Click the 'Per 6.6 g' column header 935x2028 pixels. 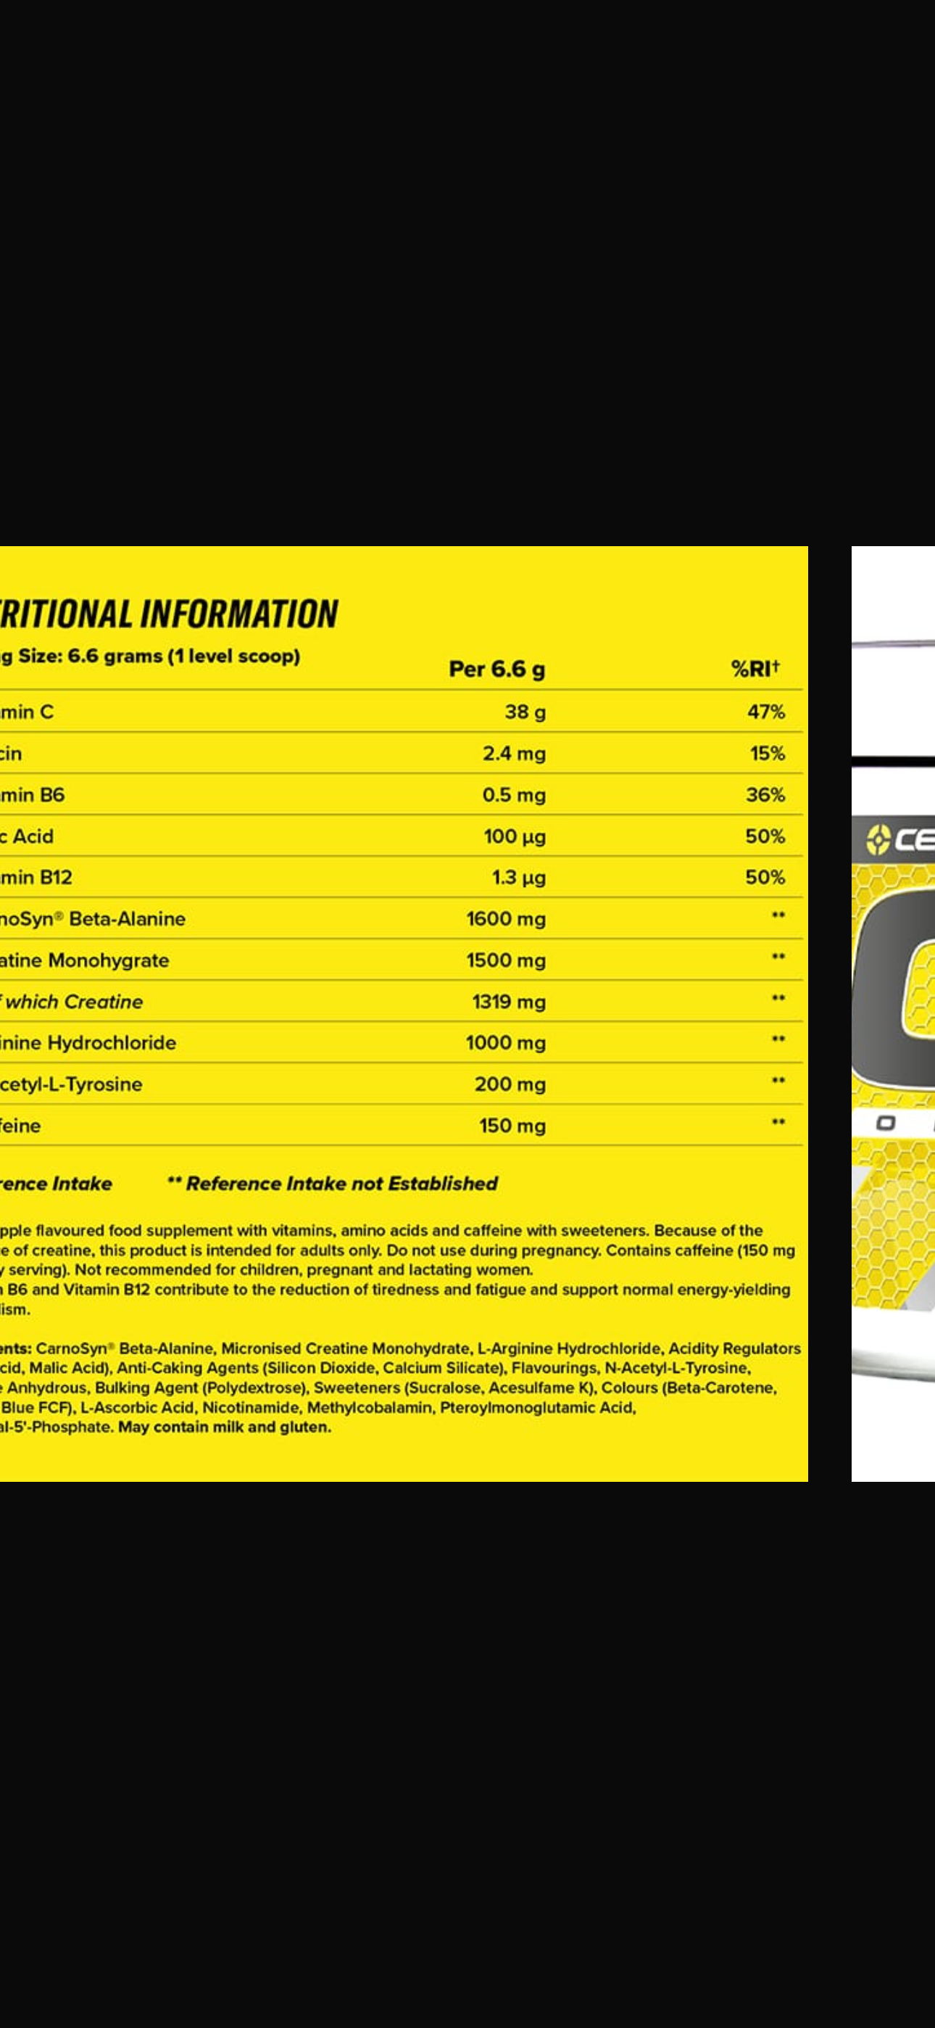pos(496,669)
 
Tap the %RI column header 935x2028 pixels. pos(755,669)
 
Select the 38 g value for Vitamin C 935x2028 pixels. pos(525,712)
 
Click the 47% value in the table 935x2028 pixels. pos(766,712)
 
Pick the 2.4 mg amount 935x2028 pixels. pos(514,754)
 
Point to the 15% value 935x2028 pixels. pos(768,754)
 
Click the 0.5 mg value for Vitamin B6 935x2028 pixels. pos(514,795)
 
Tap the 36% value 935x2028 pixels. pos(765,795)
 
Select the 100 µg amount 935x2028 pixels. pos(515,836)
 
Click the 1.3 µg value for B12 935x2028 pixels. pos(519,878)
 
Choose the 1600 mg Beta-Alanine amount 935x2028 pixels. pos(505,919)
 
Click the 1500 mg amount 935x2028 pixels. pos(505,960)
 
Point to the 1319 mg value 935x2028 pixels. pos(508,1002)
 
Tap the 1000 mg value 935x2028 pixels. pos(505,1042)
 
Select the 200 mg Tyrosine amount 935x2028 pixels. pos(510,1084)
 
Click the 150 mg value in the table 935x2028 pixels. pos(512,1126)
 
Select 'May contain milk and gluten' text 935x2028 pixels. pos(224,1427)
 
